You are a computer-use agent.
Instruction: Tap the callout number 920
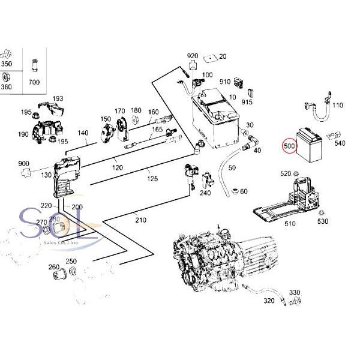click(x=192, y=56)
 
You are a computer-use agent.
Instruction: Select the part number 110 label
click(x=337, y=106)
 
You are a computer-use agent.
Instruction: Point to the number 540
click(x=340, y=143)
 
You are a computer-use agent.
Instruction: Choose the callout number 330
click(x=294, y=292)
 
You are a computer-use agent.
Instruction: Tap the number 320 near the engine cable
click(x=269, y=301)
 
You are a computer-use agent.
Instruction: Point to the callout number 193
click(x=58, y=98)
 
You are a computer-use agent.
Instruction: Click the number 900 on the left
click(x=24, y=164)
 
